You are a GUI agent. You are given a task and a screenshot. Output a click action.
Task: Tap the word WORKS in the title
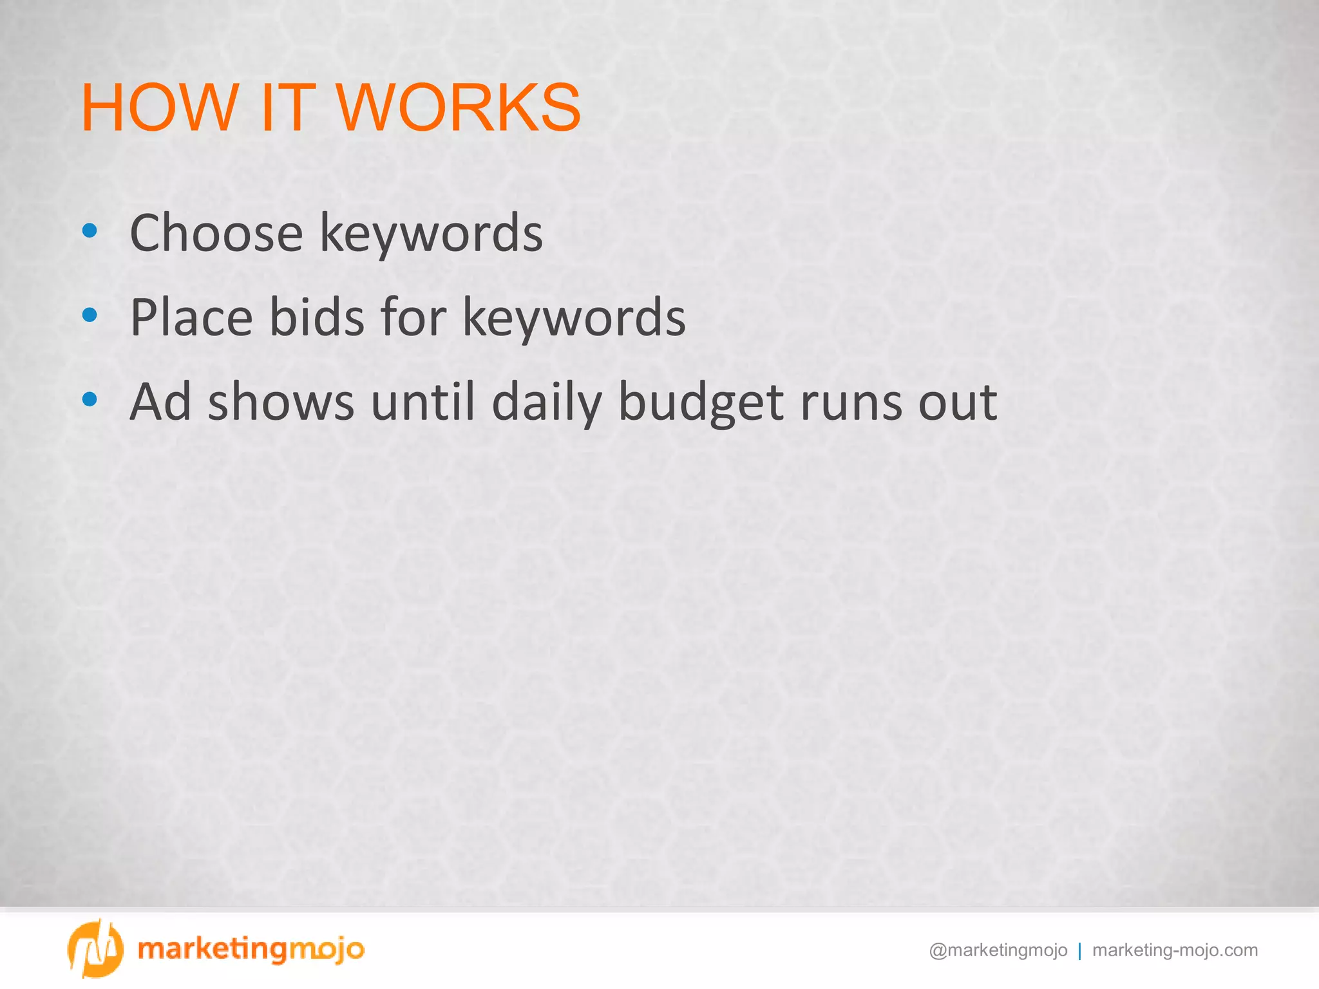tap(458, 108)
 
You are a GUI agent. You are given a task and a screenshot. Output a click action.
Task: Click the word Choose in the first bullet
tap(216, 232)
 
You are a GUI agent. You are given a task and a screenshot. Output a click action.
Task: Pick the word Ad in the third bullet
tap(160, 401)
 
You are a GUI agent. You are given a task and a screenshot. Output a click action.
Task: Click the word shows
tap(281, 401)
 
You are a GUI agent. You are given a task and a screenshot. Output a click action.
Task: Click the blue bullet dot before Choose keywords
tap(90, 231)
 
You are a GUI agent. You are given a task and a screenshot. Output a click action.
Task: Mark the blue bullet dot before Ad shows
tap(90, 399)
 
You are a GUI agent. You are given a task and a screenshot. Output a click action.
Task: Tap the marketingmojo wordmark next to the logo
tap(251, 949)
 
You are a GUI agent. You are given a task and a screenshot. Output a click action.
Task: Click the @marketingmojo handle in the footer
tap(998, 950)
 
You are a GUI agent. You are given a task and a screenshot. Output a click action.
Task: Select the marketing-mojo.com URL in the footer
tap(1175, 950)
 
